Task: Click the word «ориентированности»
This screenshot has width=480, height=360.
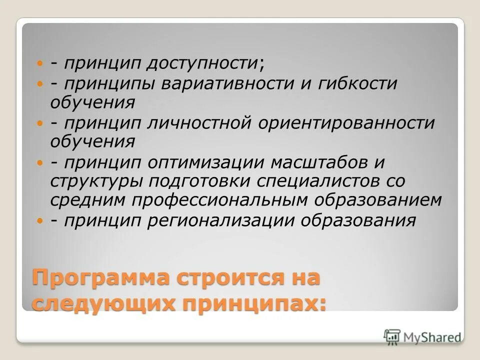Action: coord(347,123)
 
